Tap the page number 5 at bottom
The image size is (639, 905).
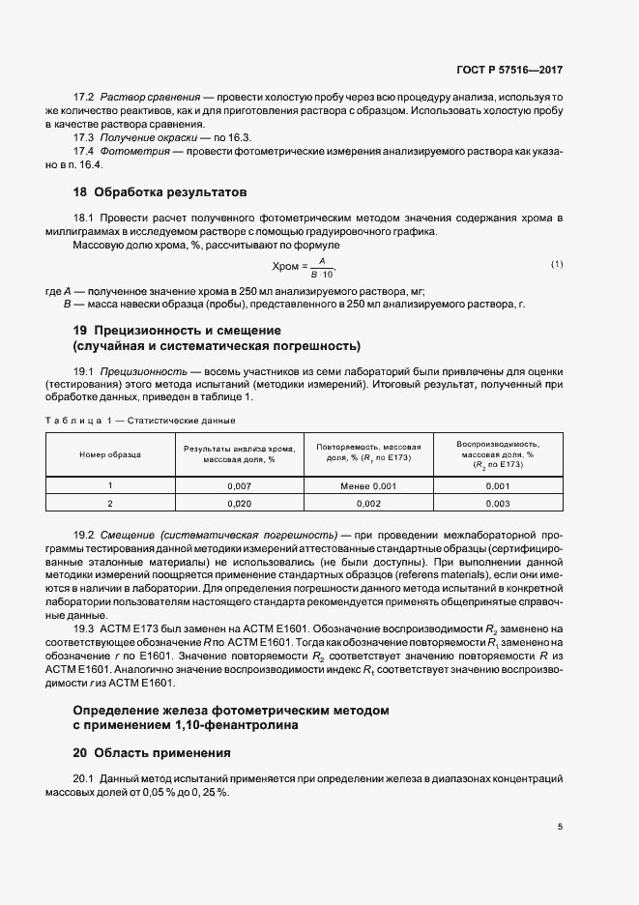[561, 826]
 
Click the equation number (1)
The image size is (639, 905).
[557, 264]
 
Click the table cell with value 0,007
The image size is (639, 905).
[239, 485]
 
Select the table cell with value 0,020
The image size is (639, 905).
[239, 504]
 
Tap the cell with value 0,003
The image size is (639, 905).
[498, 504]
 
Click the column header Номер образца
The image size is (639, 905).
[109, 452]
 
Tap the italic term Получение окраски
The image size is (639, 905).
[149, 137]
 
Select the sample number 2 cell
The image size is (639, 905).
[110, 504]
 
